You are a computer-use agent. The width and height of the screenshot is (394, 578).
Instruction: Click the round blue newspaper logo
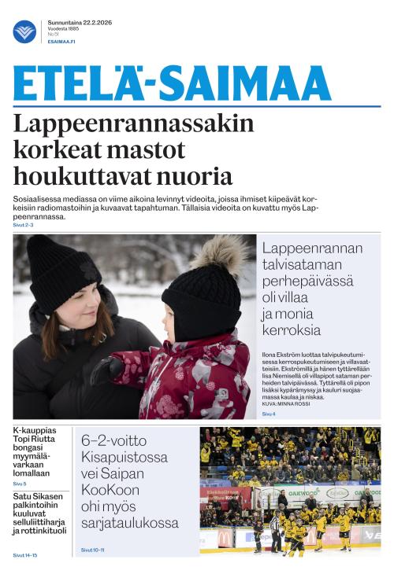pos(24,31)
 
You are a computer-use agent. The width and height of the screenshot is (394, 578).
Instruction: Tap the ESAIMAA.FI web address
pos(61,42)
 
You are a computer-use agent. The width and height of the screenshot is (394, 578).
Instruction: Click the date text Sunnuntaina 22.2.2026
pos(80,22)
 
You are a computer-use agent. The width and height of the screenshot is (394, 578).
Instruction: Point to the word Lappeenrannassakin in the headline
pos(134,124)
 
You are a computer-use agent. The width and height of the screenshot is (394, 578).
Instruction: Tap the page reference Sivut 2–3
pos(24,225)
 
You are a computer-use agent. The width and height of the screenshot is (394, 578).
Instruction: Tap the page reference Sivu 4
pos(269,414)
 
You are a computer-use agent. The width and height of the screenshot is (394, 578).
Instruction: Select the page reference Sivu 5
pos(19,484)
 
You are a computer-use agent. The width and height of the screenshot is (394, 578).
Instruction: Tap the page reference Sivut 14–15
pos(24,555)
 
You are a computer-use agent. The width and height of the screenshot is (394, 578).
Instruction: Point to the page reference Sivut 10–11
pos(93,550)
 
